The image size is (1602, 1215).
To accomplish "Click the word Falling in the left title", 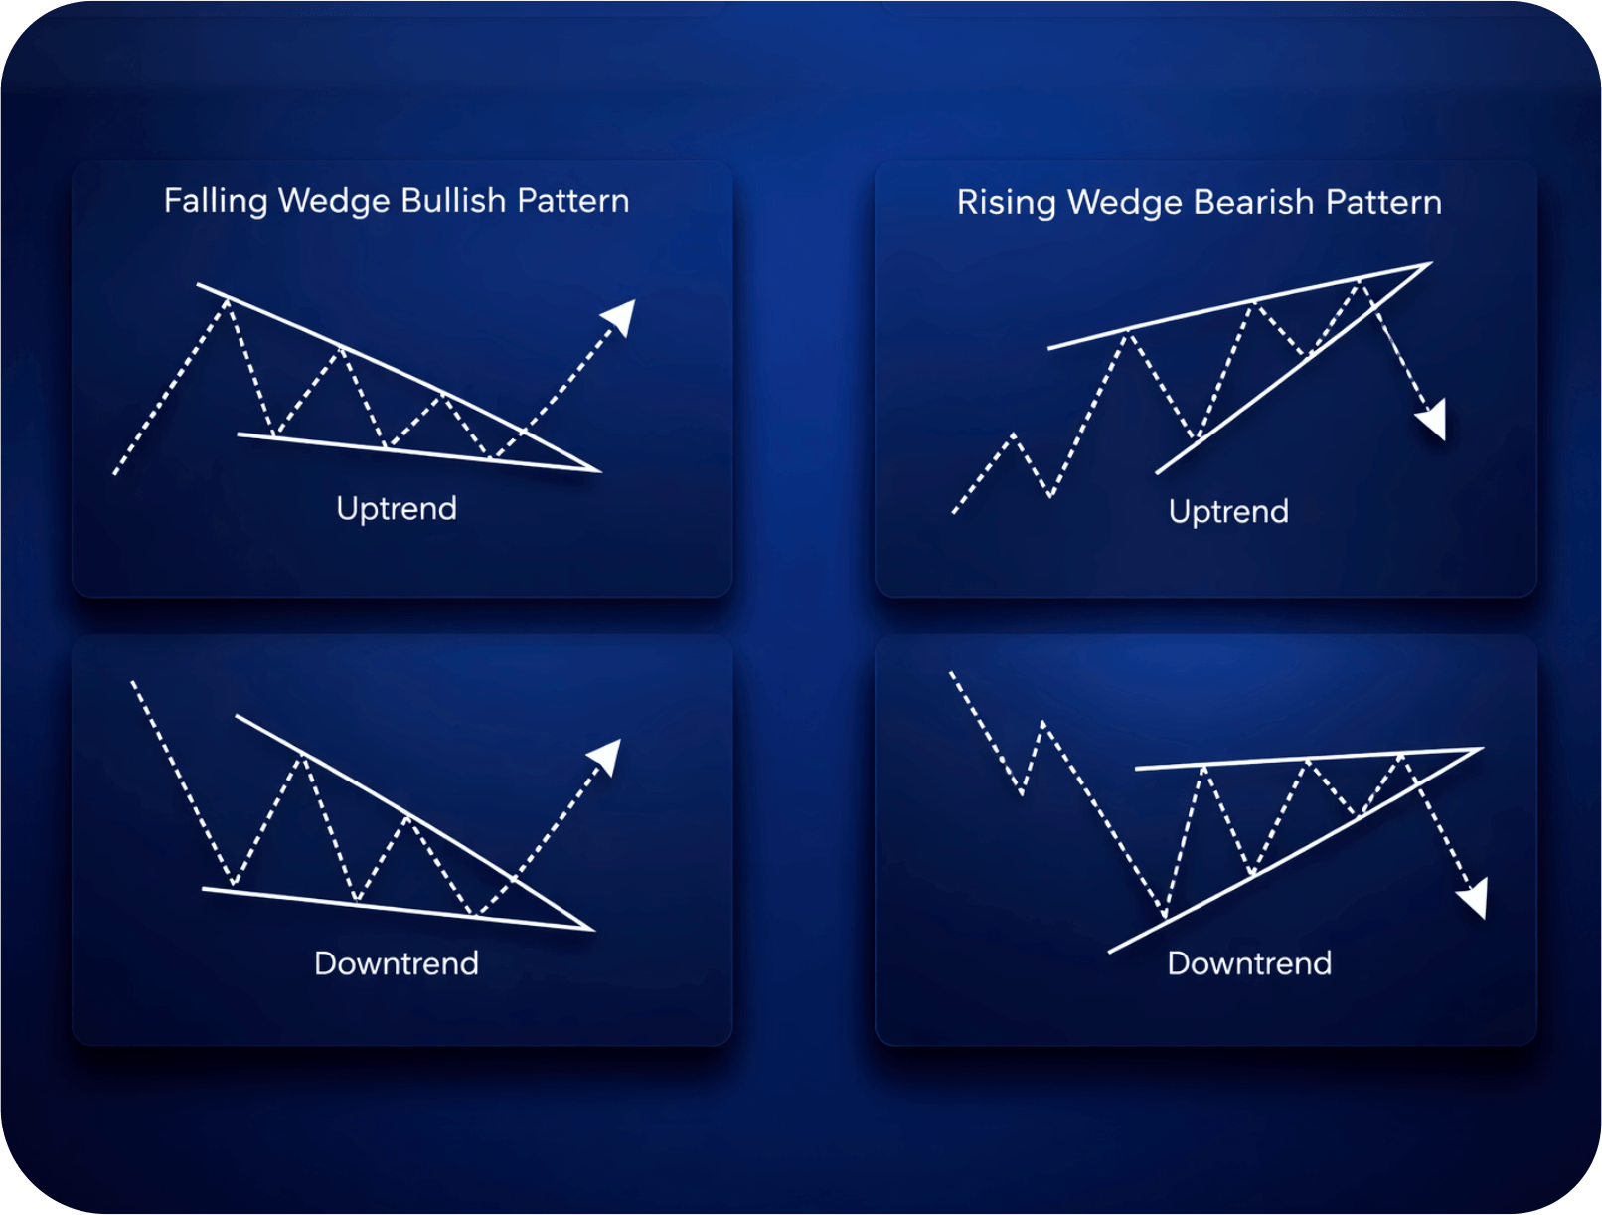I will [x=216, y=201].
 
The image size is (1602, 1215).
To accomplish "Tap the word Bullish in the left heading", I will [x=454, y=201].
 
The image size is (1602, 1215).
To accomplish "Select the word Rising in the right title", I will [x=1005, y=202].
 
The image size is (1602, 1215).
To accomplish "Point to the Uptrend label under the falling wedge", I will [x=397, y=508].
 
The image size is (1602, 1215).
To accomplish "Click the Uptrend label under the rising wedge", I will [x=1228, y=511].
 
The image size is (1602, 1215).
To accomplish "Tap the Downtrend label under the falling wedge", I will [x=397, y=962].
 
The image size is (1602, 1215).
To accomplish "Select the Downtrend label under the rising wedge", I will [x=1249, y=962].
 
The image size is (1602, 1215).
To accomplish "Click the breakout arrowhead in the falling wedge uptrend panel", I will [x=620, y=316].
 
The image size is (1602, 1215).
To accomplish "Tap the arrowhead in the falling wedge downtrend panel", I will [x=606, y=756].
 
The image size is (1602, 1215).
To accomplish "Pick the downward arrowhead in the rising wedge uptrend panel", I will [x=1433, y=422].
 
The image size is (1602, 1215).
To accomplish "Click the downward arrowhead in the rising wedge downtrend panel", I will [x=1474, y=899].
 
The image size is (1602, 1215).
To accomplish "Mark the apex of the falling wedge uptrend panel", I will [x=598, y=471].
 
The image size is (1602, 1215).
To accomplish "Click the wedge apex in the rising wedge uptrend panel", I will [x=1430, y=263].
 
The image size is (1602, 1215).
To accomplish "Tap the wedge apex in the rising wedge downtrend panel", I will [x=1481, y=749].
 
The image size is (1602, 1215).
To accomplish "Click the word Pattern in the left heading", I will [x=572, y=201].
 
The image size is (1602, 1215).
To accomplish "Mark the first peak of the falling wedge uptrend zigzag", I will [x=228, y=298].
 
